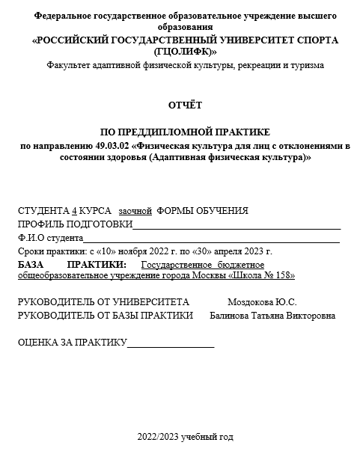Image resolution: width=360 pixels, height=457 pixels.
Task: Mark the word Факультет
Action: coord(67,66)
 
